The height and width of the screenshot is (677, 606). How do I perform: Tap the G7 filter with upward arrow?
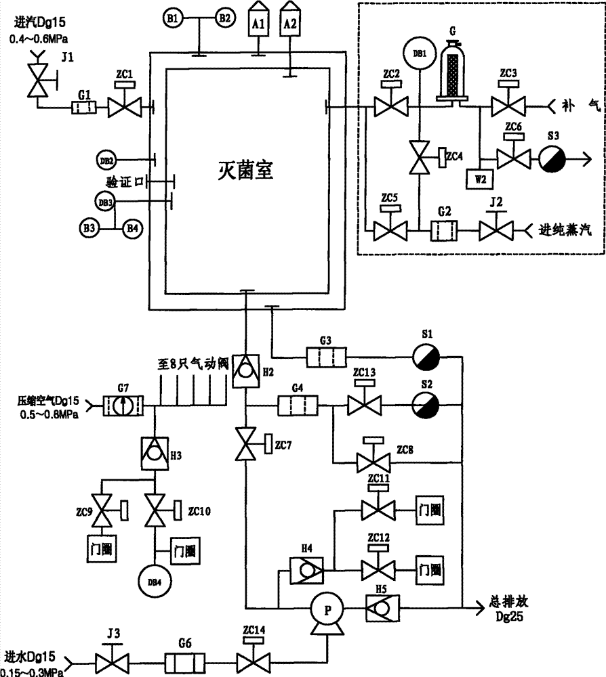click(x=122, y=407)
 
